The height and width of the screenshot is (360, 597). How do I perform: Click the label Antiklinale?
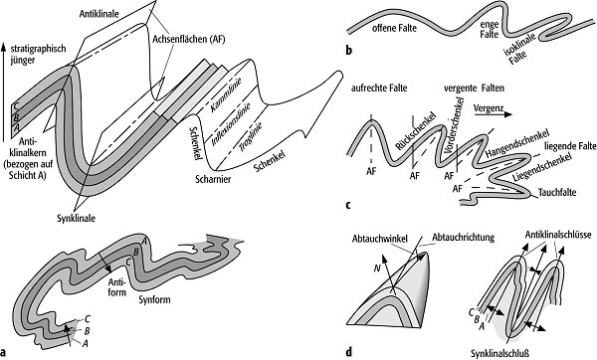[99, 14]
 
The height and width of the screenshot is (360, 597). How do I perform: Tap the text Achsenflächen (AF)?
[189, 39]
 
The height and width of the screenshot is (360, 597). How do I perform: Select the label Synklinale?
[77, 219]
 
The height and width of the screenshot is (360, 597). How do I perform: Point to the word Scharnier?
[213, 179]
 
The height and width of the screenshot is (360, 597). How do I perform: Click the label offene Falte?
[394, 28]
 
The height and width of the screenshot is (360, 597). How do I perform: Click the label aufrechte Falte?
[379, 89]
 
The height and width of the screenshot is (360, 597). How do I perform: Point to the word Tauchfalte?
[557, 192]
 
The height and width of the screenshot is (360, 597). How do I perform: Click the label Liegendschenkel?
[542, 167]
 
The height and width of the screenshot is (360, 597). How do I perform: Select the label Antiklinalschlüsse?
[558, 235]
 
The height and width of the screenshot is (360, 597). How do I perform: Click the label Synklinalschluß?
[499, 353]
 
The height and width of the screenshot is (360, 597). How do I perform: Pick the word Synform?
[154, 299]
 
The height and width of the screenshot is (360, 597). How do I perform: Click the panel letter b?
[349, 51]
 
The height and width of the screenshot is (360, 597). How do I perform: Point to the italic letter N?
[377, 269]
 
